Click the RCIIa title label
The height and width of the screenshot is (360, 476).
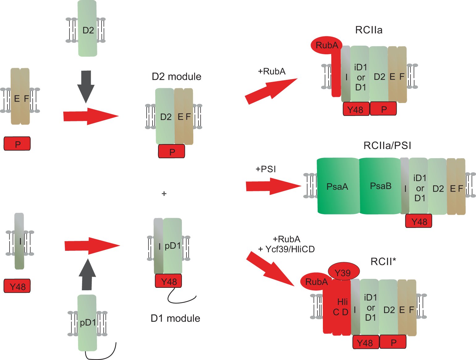(369, 30)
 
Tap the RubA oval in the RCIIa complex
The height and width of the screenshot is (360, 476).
(327, 46)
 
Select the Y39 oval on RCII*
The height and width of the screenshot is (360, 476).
(343, 273)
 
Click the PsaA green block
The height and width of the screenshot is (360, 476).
(337, 186)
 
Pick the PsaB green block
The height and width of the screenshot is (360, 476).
(380, 186)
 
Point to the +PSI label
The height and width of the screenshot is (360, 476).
(265, 169)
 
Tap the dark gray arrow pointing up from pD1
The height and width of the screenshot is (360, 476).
(87, 275)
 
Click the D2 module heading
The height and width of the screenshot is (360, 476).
(176, 77)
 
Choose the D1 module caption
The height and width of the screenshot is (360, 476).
(175, 318)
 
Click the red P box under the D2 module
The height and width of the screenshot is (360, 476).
(172, 151)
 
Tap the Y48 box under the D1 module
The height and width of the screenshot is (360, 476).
(169, 281)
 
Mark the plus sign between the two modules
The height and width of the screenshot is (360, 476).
(164, 194)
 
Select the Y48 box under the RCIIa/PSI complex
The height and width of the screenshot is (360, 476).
(419, 221)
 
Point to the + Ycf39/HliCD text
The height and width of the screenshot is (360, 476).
(286, 249)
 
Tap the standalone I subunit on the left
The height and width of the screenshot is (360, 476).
(19, 241)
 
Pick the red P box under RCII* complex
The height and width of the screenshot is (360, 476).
(393, 342)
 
